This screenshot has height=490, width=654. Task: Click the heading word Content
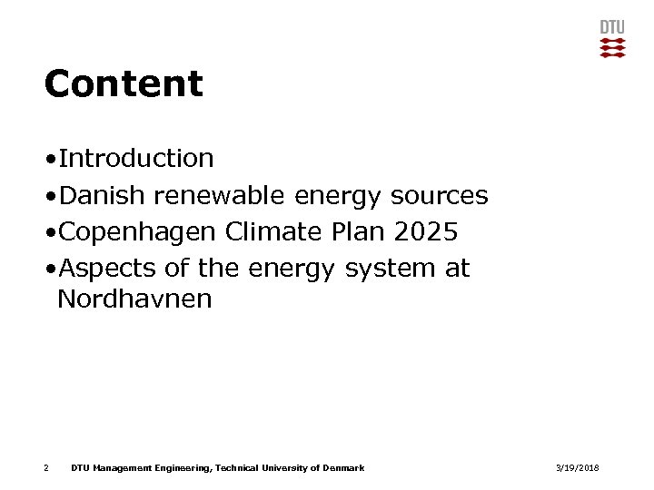[x=124, y=84]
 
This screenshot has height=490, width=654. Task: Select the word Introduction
[x=135, y=158]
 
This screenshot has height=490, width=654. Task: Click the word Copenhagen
[x=136, y=232]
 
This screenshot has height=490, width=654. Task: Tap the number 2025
[x=426, y=232]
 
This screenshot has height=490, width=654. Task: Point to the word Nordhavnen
[x=134, y=299]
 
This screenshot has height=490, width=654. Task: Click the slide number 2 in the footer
[x=45, y=467]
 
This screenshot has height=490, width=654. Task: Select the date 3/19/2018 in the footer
[x=578, y=467]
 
